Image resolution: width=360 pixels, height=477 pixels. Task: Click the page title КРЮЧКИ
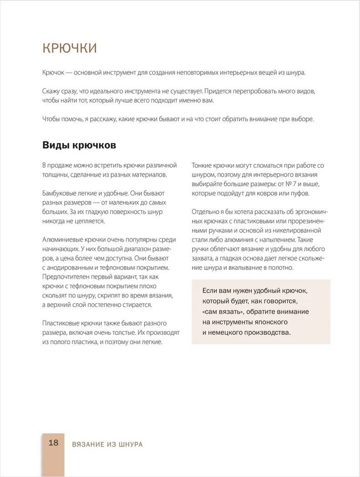click(x=69, y=48)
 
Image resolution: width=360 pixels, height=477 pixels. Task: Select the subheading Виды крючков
click(x=79, y=145)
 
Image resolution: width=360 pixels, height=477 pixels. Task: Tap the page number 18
click(x=53, y=442)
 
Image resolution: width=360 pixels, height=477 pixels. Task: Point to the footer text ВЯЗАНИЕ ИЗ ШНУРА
click(x=107, y=444)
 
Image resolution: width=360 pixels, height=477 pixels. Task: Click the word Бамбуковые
click(x=60, y=193)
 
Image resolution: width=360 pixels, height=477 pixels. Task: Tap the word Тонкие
click(x=203, y=165)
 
